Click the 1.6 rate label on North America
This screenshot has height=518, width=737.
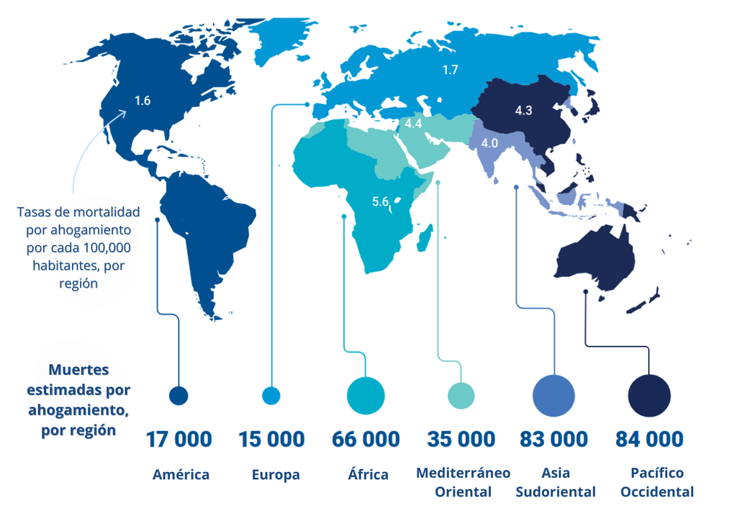point(143,101)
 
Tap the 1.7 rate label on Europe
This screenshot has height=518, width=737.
point(451,70)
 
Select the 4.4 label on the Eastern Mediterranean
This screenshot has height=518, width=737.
point(413,124)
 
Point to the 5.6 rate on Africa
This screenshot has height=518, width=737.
point(380,202)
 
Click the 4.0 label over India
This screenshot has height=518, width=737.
point(489,143)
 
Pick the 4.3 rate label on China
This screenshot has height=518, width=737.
point(523,111)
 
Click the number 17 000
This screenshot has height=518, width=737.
point(178,439)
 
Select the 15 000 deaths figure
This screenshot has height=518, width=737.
point(271,439)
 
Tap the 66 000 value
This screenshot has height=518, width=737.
point(366,439)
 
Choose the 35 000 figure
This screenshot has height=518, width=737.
point(461,439)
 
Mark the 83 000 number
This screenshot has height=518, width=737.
point(553,439)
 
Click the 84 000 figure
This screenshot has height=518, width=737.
point(649,439)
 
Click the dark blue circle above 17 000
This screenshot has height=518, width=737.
point(178,395)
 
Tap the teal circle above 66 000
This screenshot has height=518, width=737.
point(366,395)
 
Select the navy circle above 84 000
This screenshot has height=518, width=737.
point(649,395)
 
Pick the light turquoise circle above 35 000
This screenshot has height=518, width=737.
point(461,395)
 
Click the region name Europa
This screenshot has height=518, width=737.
point(276,475)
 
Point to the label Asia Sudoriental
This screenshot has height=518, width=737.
point(556,483)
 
